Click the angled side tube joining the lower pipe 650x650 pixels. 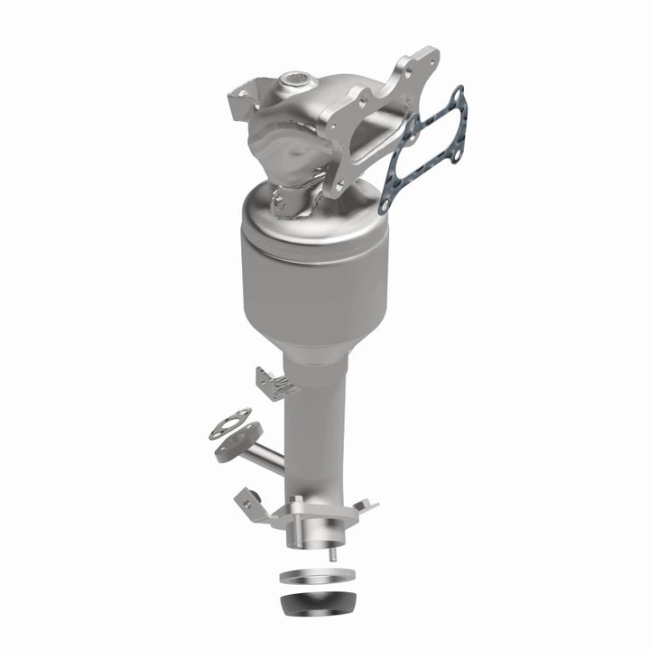pos(267,455)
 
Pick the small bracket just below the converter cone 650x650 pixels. pos(275,383)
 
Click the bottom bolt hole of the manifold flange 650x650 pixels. pos(339,184)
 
